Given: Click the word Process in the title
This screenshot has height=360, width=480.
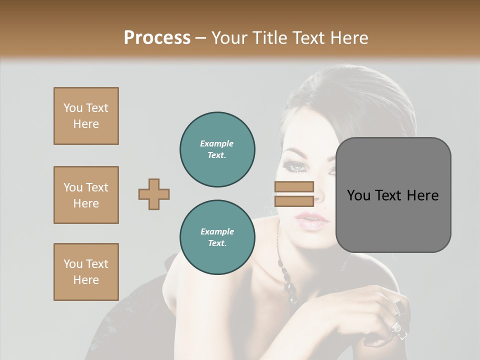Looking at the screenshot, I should tap(157, 38).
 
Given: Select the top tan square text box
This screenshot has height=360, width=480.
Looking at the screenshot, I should tap(86, 116).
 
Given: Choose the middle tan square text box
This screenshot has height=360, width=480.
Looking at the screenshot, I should tap(86, 195).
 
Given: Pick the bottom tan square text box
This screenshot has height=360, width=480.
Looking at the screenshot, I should tap(86, 272).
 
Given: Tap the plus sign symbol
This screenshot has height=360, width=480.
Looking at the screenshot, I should tap(154, 194).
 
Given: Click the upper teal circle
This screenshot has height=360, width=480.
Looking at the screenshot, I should tap(217, 149).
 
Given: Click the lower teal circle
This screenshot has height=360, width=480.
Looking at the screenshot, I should tap(217, 237).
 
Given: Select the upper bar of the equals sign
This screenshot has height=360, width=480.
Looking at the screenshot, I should tap(294, 187).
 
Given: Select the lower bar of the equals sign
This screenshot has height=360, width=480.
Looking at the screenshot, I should tap(294, 201).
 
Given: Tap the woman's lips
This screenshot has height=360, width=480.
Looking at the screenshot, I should tap(312, 220).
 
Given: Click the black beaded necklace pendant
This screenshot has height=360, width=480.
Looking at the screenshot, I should tap(290, 287).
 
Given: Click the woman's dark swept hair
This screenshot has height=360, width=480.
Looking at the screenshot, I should tap(350, 100).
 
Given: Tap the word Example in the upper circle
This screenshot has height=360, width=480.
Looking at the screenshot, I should tap(216, 143).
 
